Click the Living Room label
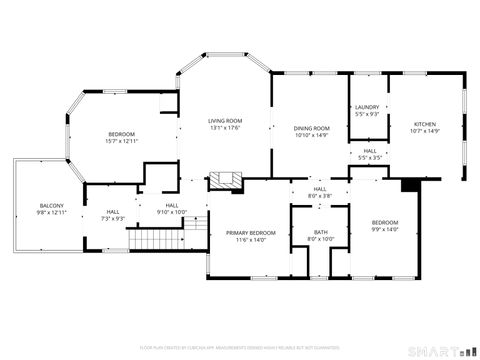click(225, 120)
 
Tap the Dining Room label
click(311, 128)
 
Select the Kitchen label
click(425, 125)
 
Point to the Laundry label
click(367, 108)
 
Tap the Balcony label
click(50, 205)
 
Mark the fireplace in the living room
click(225, 181)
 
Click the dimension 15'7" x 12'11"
click(121, 141)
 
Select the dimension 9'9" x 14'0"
click(385, 229)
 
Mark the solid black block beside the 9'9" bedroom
click(408, 185)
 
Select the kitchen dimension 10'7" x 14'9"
click(425, 132)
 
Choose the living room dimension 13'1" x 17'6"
click(225, 127)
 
